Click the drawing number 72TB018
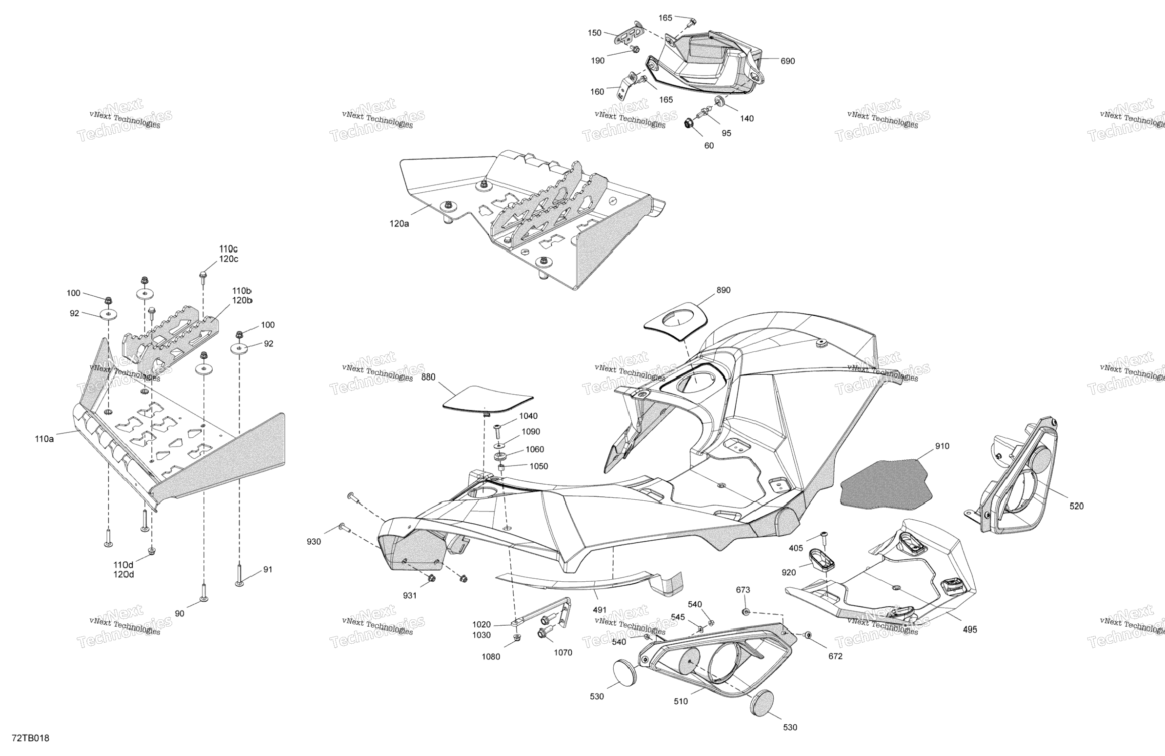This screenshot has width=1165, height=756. click(30, 738)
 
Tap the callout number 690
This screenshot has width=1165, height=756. click(787, 61)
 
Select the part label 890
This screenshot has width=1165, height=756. click(723, 290)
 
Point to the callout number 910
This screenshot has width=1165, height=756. click(942, 446)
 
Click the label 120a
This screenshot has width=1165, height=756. click(400, 224)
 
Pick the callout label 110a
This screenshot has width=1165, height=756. click(44, 439)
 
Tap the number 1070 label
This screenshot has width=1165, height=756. click(563, 652)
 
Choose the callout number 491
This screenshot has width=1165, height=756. click(600, 610)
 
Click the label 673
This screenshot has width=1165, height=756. click(743, 590)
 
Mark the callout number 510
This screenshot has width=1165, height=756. click(681, 701)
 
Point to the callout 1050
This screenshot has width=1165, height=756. click(539, 466)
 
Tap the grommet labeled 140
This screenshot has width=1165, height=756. click(720, 102)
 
